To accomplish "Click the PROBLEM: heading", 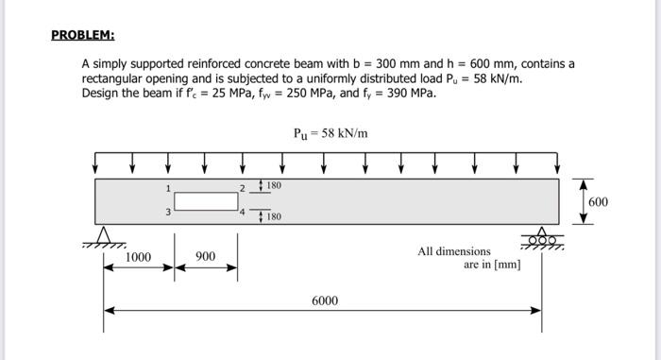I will [82, 36].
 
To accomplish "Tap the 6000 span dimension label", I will [325, 300].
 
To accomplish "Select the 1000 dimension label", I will [138, 257].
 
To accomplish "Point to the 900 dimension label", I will [205, 257].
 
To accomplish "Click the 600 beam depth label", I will [599, 202].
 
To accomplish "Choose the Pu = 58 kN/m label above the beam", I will [330, 133].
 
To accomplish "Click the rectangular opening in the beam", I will [206, 201].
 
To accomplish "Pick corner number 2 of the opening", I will [242, 187].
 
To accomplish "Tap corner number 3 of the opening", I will [169, 212].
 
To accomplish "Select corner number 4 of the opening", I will [242, 213].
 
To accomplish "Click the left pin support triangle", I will [105, 234].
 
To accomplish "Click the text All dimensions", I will [453, 251].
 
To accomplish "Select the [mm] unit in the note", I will [506, 265].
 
